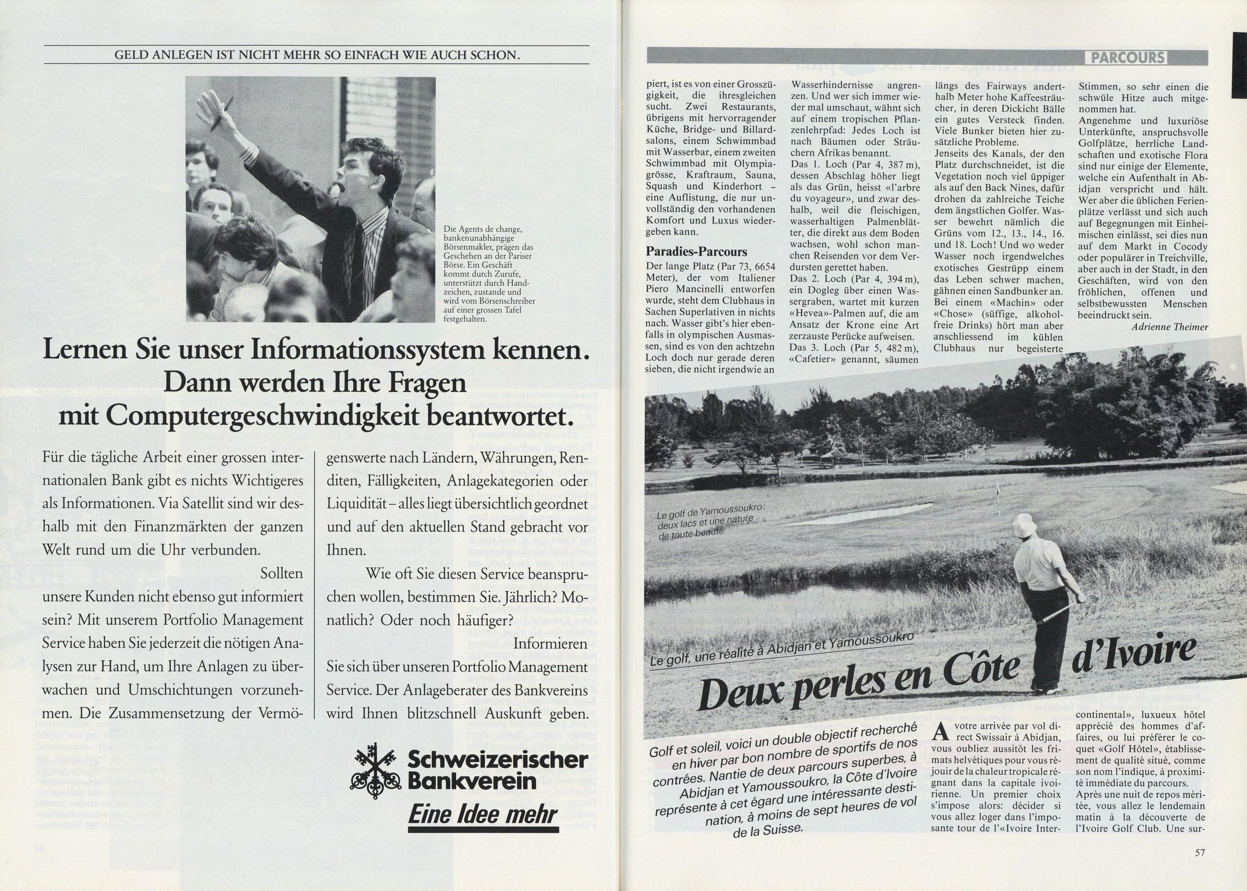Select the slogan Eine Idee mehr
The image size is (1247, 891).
pos(483,815)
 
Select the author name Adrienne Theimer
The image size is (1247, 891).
pos(1169,327)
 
